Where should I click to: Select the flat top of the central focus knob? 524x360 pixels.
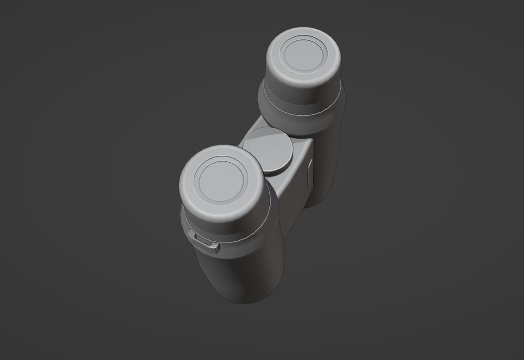(269, 149)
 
